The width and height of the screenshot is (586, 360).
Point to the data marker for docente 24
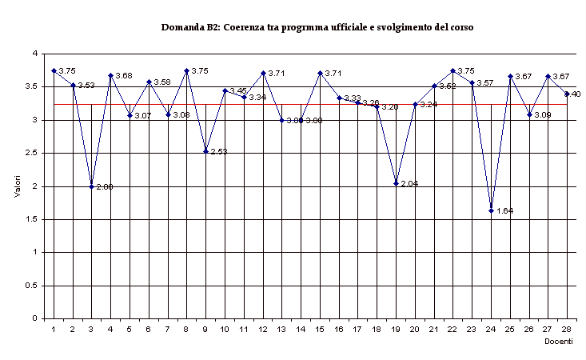tap(491, 210)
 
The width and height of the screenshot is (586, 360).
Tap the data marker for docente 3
tap(91, 186)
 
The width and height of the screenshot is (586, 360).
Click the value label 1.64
tap(504, 211)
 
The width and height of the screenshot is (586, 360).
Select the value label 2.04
tap(409, 184)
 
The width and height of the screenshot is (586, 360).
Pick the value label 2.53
tap(218, 151)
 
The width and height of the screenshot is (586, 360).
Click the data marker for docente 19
tap(396, 184)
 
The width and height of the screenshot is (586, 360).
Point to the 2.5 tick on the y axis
tap(34, 153)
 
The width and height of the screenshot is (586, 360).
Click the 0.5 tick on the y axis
tap(34, 286)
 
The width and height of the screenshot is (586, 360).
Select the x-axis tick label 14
tap(301, 328)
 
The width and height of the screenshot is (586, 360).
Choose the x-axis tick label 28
tap(567, 328)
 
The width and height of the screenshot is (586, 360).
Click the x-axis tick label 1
tap(54, 328)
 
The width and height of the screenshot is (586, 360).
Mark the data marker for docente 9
tap(205, 151)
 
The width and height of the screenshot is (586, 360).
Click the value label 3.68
tap(123, 76)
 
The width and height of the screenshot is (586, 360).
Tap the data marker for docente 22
tap(452, 70)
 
